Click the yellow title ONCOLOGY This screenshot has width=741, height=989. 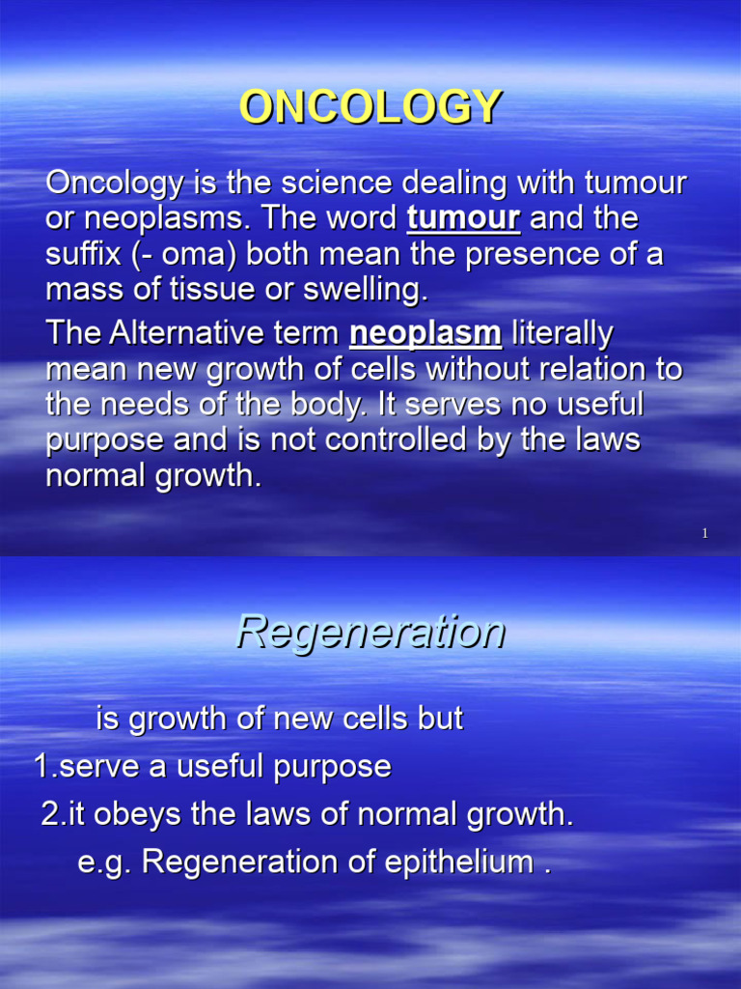click(370, 107)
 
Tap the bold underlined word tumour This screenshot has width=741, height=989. click(463, 218)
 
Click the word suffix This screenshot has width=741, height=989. click(80, 254)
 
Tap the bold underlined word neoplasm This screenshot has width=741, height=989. click(425, 334)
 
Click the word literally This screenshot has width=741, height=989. click(562, 334)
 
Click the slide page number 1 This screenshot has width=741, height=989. click(705, 534)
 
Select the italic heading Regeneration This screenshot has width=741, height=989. click(370, 633)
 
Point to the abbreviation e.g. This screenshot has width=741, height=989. click(104, 863)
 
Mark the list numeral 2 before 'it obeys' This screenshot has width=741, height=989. click(50, 814)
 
